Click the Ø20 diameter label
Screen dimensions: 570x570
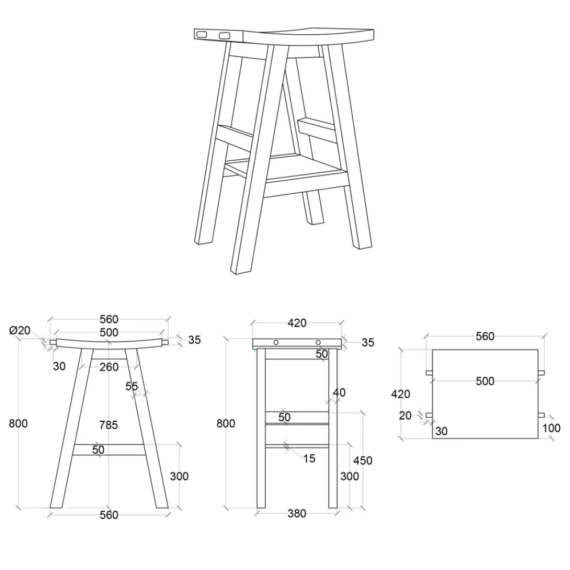click(x=19, y=331)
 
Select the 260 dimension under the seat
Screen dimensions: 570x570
click(x=109, y=367)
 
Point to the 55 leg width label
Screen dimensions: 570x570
click(x=132, y=386)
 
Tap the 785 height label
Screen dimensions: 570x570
click(x=108, y=425)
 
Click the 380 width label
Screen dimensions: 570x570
click(x=296, y=514)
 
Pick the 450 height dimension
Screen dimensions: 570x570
click(x=363, y=461)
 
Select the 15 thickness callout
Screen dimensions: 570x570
click(x=309, y=459)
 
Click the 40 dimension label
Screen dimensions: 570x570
click(x=339, y=393)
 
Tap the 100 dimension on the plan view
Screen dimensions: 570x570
click(x=551, y=428)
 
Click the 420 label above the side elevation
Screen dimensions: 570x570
click(x=297, y=323)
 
